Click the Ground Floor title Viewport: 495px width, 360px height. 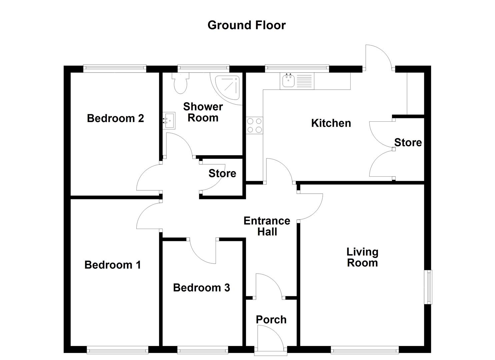point(246,25)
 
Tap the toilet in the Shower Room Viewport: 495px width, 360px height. point(181,83)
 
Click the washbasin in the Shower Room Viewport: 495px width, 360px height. point(169,120)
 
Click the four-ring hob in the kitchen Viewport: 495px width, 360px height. point(254,125)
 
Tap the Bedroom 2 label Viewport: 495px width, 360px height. point(115,118)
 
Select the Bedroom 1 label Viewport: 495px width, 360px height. point(112,265)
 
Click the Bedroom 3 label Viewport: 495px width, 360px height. point(201,288)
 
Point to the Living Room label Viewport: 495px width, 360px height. point(362,257)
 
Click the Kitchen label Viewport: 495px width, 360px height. point(331,123)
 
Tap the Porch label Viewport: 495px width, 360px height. point(271,320)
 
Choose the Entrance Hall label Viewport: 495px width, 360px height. point(267,226)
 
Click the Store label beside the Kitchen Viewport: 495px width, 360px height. point(408,143)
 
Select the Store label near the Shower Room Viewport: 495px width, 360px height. point(222,173)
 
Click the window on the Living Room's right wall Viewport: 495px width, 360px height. point(429,287)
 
